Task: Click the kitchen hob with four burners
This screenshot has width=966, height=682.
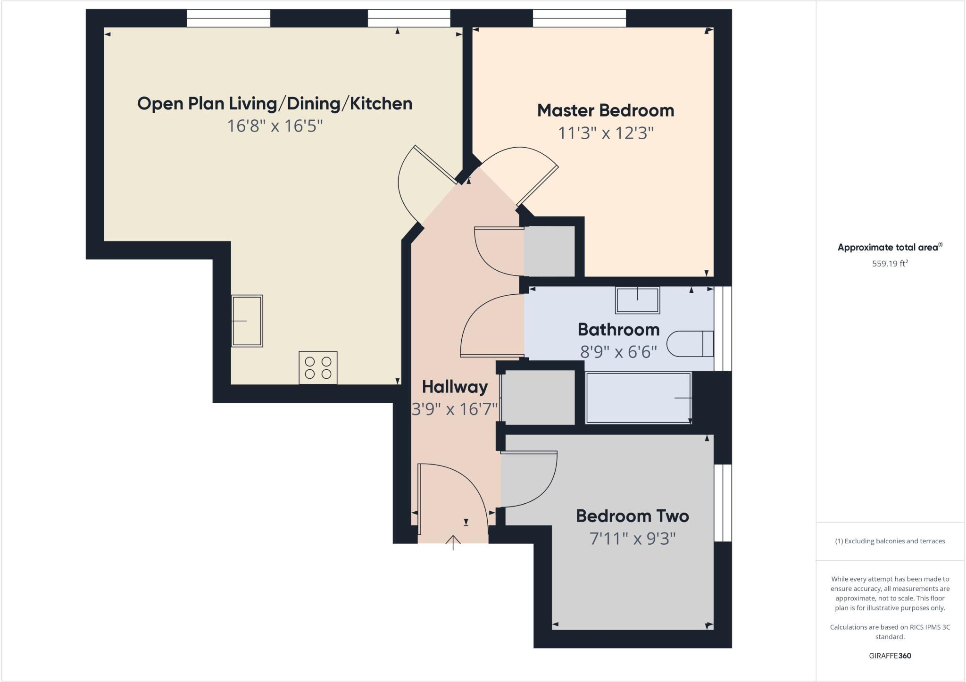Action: pyautogui.click(x=318, y=368)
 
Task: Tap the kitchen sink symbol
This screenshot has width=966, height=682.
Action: pyautogui.click(x=247, y=321)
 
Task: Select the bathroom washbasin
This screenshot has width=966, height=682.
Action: pyautogui.click(x=637, y=300)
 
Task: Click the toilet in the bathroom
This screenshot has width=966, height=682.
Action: pyautogui.click(x=690, y=344)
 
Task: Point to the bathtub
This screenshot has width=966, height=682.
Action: pyautogui.click(x=638, y=398)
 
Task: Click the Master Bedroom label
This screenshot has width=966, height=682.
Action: pyautogui.click(x=606, y=111)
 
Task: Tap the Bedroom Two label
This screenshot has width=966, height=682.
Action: pyautogui.click(x=632, y=516)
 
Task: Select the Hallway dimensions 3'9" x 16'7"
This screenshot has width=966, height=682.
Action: pyautogui.click(x=455, y=409)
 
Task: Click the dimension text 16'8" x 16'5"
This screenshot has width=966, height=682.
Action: pyautogui.click(x=275, y=126)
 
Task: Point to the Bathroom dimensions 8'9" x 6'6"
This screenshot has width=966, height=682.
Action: pyautogui.click(x=618, y=351)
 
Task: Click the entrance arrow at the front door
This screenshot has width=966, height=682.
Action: pyautogui.click(x=453, y=542)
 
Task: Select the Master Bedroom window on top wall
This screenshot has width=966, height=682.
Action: pyautogui.click(x=579, y=18)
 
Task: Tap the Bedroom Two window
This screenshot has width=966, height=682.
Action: pyautogui.click(x=723, y=503)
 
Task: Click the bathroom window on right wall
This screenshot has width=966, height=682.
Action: pyautogui.click(x=723, y=328)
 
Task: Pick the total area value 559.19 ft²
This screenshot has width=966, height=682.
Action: pyautogui.click(x=890, y=264)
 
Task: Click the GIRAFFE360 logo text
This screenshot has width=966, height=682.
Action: pyautogui.click(x=890, y=656)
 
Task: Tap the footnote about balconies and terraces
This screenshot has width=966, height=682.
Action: pyautogui.click(x=890, y=541)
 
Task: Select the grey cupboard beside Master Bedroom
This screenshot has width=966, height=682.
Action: pyautogui.click(x=550, y=251)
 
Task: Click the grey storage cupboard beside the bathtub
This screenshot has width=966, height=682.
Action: pyautogui.click(x=538, y=397)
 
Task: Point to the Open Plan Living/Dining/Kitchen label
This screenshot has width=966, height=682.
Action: pyautogui.click(x=275, y=104)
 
